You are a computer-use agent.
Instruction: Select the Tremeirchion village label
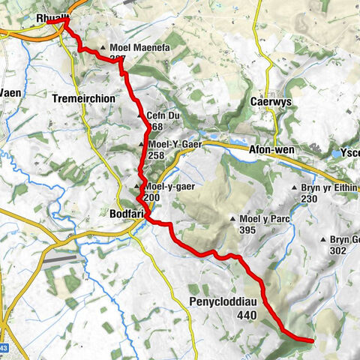83,97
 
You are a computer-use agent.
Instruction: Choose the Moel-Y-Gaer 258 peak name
167,145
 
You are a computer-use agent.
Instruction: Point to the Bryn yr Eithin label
328,188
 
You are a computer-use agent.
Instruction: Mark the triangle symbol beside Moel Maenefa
103,46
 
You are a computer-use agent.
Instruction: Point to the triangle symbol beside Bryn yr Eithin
295,188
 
